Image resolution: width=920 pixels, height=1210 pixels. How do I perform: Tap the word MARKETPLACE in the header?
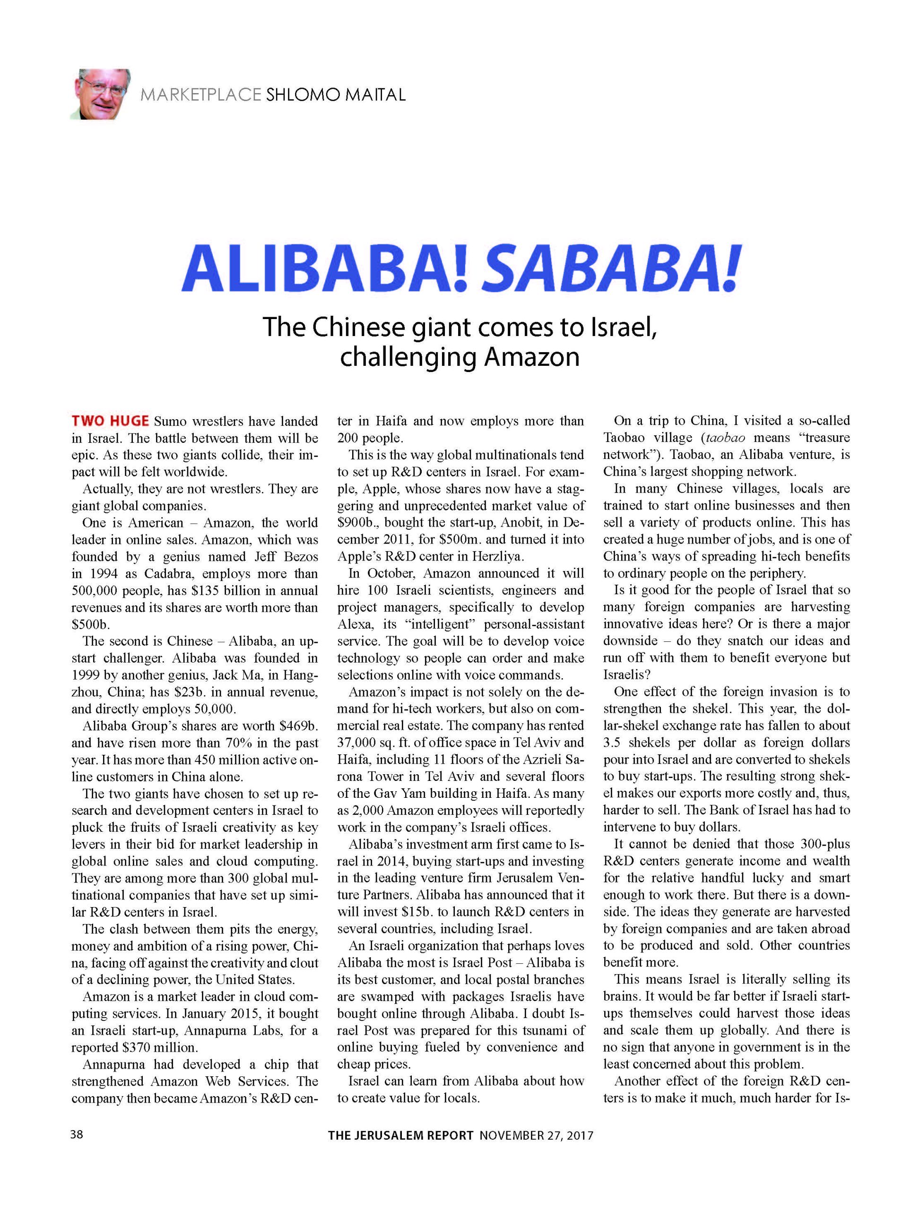(x=200, y=95)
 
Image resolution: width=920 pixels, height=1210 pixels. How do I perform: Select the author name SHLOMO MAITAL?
(x=336, y=95)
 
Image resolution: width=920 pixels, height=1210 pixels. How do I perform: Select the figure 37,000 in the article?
(x=359, y=743)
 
